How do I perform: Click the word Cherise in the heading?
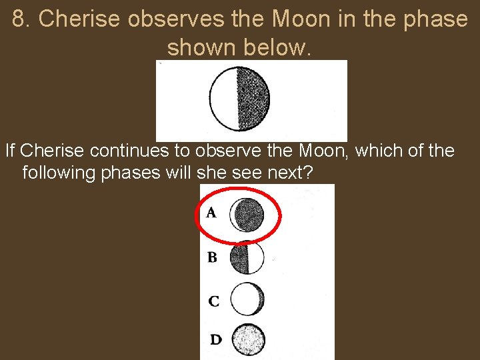tap(80, 19)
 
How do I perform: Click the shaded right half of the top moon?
tap(254, 100)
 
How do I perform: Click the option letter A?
tap(211, 213)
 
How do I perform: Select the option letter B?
tap(211, 257)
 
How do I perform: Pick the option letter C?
tap(213, 301)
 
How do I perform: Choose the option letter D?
tap(215, 339)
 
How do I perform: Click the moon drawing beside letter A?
tap(247, 214)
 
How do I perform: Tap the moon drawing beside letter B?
tap(247, 257)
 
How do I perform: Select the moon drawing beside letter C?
tap(247, 298)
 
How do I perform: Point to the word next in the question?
tap(290, 173)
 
